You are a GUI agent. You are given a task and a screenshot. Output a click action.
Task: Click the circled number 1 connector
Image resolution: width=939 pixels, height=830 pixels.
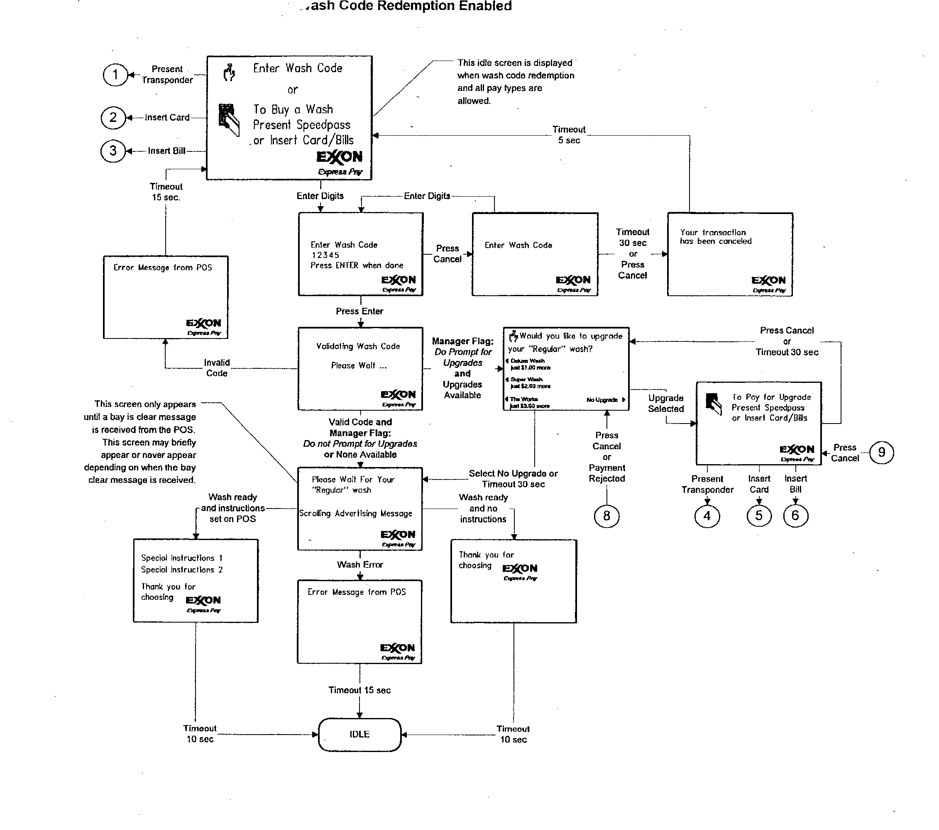[x=115, y=75]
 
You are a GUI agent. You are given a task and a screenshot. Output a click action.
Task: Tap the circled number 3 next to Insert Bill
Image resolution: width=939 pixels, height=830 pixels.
[x=113, y=151]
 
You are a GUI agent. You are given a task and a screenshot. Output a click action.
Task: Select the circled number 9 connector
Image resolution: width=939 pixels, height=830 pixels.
[x=881, y=453]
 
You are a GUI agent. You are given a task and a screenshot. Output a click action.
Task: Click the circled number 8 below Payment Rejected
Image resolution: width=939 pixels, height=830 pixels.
[x=606, y=516]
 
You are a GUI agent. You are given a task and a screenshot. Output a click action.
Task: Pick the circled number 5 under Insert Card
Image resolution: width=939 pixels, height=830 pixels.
[x=759, y=516]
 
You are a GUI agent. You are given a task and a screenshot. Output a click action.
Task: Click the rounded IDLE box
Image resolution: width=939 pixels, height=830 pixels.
[x=360, y=735]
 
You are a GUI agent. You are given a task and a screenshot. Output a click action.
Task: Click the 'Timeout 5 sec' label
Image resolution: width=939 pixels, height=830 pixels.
[x=569, y=135]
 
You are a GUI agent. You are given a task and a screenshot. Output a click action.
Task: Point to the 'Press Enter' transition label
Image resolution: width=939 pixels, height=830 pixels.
[x=359, y=311]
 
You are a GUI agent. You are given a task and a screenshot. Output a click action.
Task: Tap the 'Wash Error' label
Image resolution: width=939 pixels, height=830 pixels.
[x=360, y=565]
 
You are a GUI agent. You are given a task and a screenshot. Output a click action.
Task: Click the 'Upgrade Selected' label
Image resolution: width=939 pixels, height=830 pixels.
[x=666, y=404]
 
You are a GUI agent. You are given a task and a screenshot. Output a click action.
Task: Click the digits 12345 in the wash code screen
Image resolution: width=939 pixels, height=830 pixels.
[x=325, y=255]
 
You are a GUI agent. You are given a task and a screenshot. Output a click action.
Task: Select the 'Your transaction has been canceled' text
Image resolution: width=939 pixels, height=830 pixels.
[x=715, y=237]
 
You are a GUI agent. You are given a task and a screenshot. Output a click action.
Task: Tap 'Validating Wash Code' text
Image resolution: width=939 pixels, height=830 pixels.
[x=358, y=346]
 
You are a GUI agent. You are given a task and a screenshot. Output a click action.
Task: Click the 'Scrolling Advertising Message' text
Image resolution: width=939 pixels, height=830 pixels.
[x=356, y=514]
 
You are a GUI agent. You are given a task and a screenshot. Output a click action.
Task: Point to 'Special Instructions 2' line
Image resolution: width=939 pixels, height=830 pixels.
[x=182, y=570]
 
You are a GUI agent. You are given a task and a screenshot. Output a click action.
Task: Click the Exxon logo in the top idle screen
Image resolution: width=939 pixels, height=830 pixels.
[x=340, y=158]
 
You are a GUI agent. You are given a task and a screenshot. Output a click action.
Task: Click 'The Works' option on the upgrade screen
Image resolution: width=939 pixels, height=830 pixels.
[x=524, y=399]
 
